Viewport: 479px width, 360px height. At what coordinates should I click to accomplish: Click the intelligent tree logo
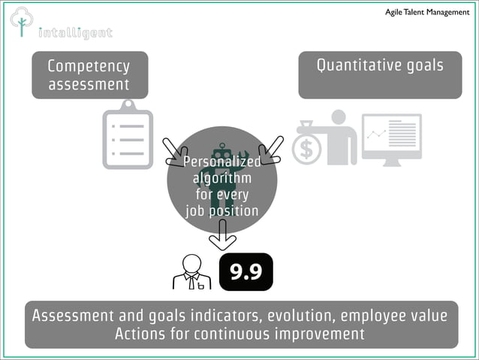coord(21,22)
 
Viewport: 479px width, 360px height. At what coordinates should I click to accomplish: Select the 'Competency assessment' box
coord(89,75)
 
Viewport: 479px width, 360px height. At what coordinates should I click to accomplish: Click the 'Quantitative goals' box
coord(380,74)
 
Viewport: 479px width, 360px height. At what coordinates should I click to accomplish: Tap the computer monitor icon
coord(391,139)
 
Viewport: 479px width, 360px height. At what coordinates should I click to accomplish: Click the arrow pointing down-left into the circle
coord(270,150)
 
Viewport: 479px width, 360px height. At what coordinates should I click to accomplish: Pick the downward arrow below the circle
coord(222,236)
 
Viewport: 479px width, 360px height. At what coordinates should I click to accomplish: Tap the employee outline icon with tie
coord(191,272)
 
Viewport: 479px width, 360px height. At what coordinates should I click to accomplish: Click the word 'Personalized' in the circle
coord(222,162)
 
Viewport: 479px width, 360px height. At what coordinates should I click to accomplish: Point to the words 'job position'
coord(222,211)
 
